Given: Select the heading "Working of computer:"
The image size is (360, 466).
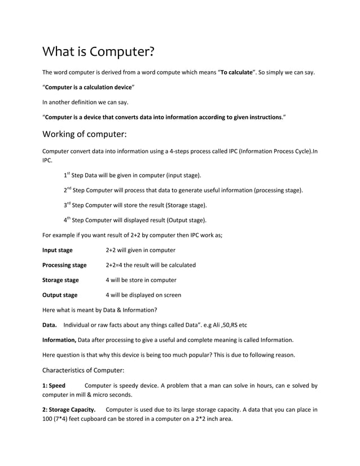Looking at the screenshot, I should [85, 134].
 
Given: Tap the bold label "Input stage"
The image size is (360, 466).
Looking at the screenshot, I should [57, 250].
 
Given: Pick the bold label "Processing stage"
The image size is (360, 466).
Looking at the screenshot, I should [64, 265].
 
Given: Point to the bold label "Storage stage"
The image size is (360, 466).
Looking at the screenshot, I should [60, 280].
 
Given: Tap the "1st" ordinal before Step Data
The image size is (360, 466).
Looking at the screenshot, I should [67, 175].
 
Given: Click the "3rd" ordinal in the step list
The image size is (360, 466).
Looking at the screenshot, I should [67, 205].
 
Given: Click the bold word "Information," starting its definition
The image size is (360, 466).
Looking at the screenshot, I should [59, 340].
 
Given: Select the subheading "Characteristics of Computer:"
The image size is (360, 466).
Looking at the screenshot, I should [84, 371].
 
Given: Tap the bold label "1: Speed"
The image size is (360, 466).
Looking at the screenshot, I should [54, 386].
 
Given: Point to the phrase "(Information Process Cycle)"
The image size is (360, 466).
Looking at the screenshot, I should [275, 151].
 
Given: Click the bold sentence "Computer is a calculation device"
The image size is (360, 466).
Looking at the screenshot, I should [89, 87].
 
